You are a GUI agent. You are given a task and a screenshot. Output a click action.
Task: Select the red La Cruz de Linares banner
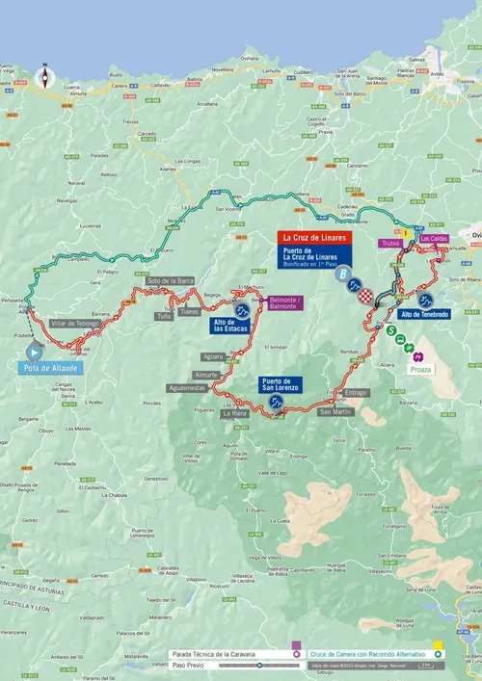tap(315, 237)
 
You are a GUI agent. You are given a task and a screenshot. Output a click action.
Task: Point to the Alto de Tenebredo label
tap(424, 314)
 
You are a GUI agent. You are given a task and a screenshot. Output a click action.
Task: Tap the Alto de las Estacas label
tap(230, 326)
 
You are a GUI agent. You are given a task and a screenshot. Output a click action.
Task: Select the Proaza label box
tap(420, 369)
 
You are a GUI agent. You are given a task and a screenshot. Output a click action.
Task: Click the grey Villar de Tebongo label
tap(75, 324)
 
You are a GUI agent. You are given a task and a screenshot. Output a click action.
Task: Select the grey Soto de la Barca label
tap(171, 280)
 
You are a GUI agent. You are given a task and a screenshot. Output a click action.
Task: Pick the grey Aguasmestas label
tap(187, 387)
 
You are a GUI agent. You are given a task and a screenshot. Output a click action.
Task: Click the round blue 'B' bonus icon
tap(341, 274)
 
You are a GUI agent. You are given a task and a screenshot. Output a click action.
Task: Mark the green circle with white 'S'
tap(392, 329)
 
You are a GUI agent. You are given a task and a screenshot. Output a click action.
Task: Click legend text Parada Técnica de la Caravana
tap(214, 653)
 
